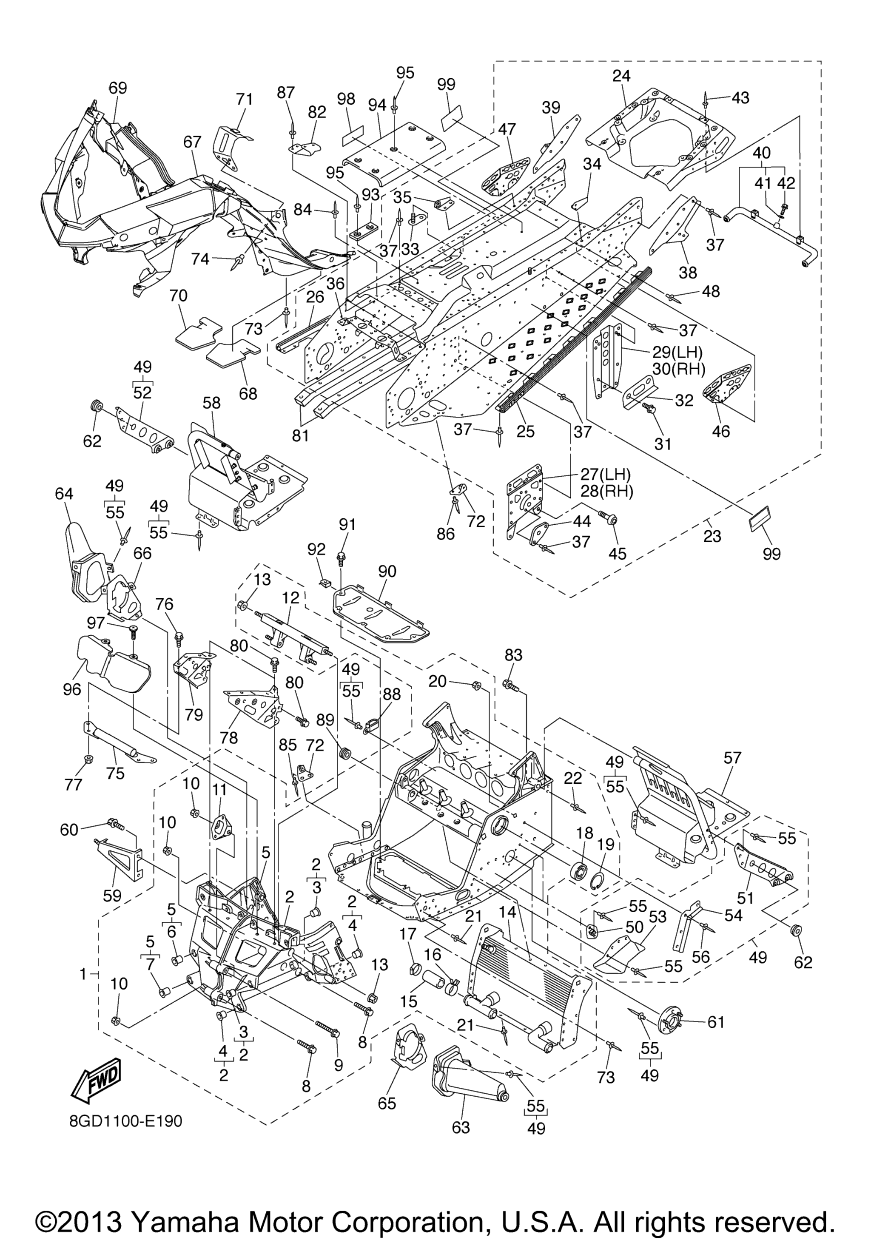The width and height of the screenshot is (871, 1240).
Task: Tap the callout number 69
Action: (118, 88)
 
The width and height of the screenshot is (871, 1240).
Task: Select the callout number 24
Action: (621, 76)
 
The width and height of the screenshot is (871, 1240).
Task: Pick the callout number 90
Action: (387, 572)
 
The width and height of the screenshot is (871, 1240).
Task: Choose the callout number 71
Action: (244, 100)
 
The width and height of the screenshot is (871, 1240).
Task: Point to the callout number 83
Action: (513, 655)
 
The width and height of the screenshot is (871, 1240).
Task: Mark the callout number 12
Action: (290, 598)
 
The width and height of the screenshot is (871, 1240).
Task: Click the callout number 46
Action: (721, 430)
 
